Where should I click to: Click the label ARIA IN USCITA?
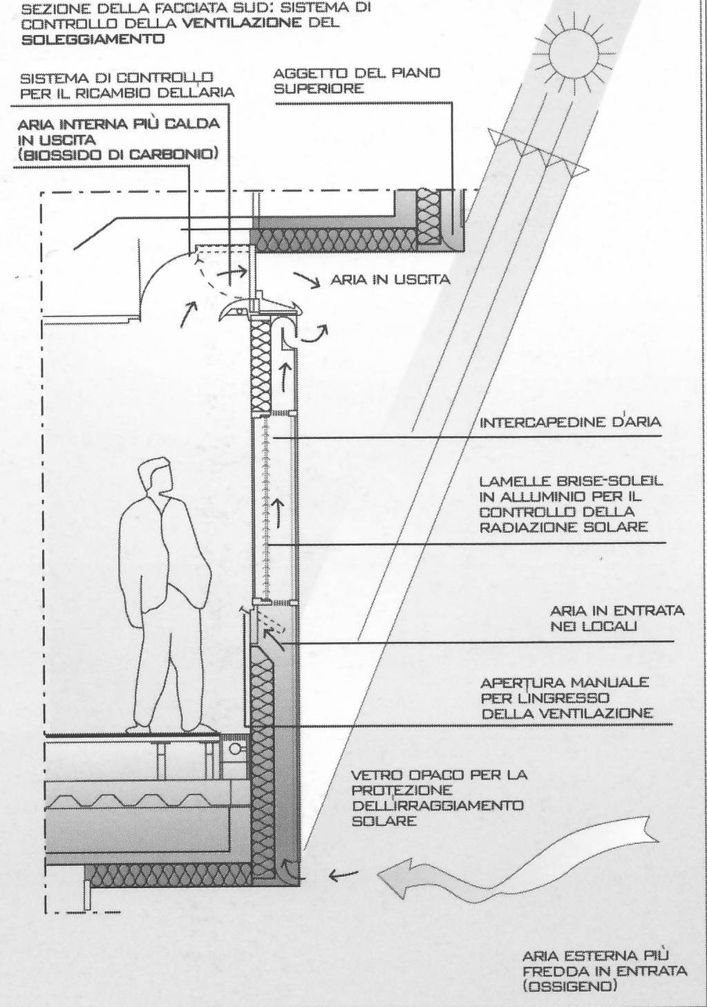point(390,279)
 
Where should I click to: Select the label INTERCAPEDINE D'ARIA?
point(570,422)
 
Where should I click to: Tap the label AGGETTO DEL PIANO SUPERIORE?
point(357,81)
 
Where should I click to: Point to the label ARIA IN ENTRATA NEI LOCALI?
point(616,618)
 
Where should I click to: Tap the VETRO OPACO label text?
point(438,798)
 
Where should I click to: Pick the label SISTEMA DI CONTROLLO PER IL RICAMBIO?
point(126,85)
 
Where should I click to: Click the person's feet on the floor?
point(169,728)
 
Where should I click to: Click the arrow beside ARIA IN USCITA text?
point(305,279)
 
